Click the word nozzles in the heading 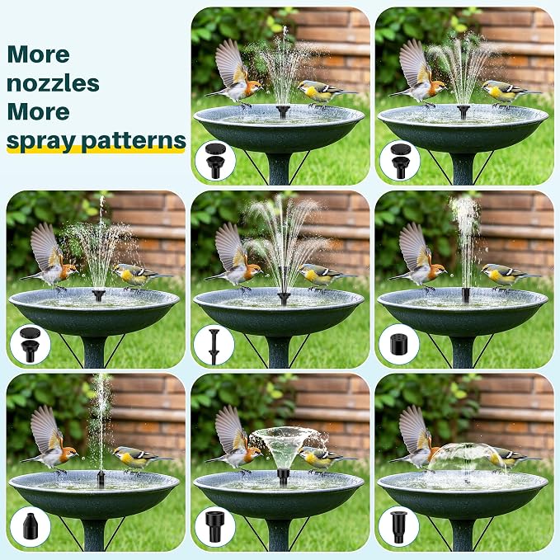pyautogui.click(x=53, y=83)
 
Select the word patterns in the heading pyautogui.click(x=134, y=141)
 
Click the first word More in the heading pyautogui.click(x=38, y=54)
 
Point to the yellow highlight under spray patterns pyautogui.click(x=96, y=150)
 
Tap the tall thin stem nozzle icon pyautogui.click(x=214, y=346)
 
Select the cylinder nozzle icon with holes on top pyautogui.click(x=398, y=344)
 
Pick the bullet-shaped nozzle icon pyautogui.click(x=30, y=526)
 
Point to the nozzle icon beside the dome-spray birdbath pyautogui.click(x=398, y=527)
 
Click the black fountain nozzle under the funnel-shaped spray pyautogui.click(x=283, y=476)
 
